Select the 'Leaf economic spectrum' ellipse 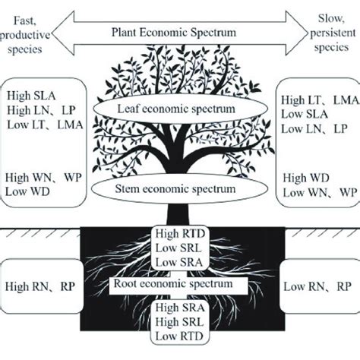tap(179, 109)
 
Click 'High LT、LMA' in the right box tap(317, 99)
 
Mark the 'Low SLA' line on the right tap(304, 114)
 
